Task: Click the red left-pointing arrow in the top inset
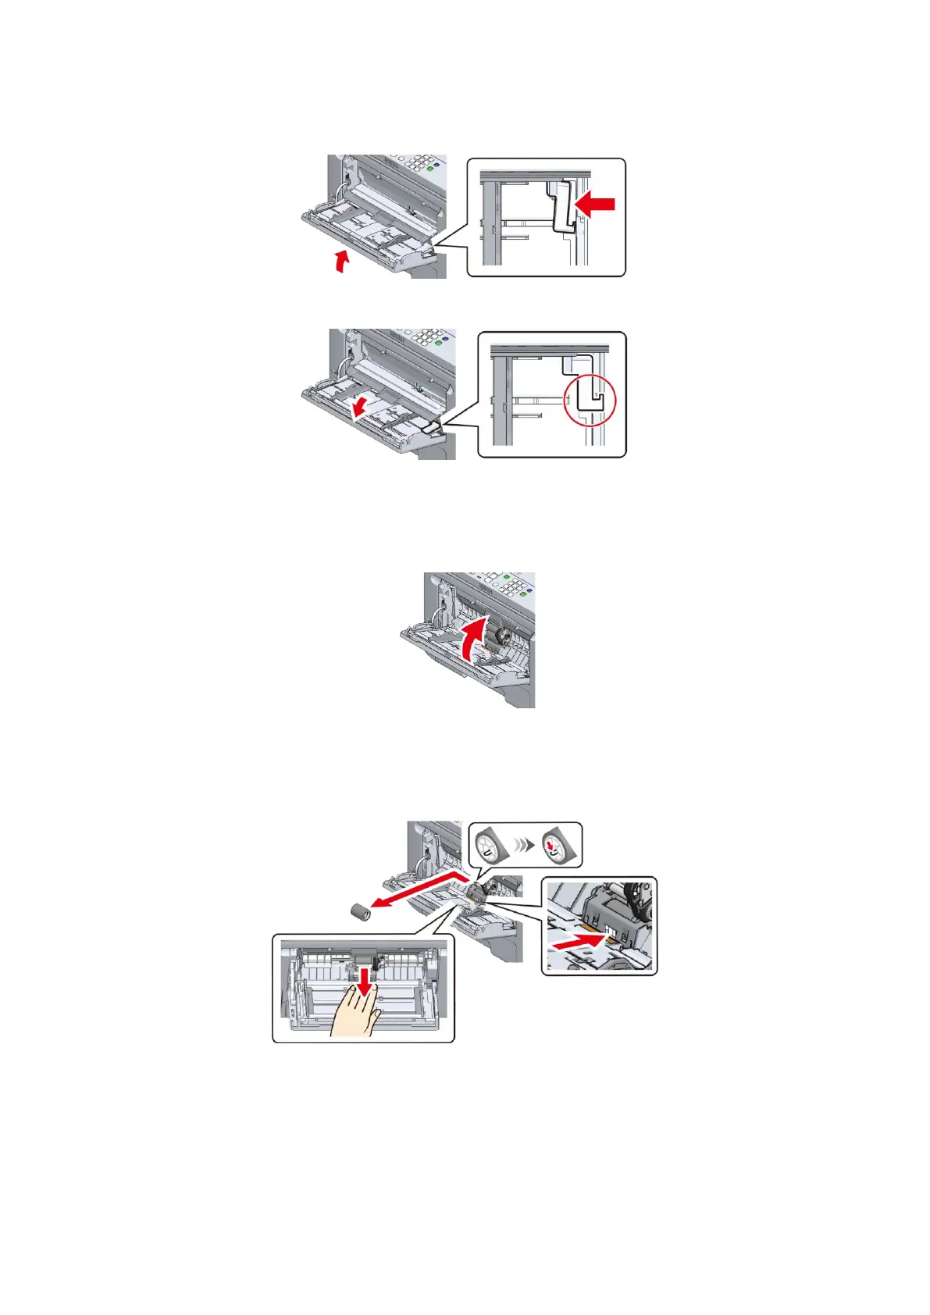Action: coord(595,205)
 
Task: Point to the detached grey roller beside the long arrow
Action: coord(360,911)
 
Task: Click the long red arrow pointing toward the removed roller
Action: coord(422,890)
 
